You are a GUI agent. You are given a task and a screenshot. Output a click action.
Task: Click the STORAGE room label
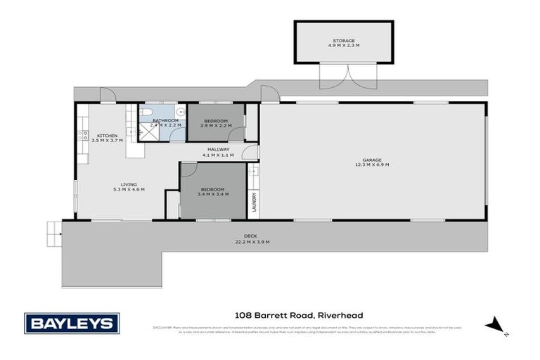coord(344,41)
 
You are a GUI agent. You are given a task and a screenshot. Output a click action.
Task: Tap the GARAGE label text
coord(372,160)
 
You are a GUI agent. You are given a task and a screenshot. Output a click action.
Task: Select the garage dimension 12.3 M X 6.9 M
coord(372,165)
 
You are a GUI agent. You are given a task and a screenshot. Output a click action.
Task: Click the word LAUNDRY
coord(255,203)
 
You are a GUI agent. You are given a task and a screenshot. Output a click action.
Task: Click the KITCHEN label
coord(107,136)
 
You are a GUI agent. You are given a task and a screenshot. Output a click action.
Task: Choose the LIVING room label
coord(128,184)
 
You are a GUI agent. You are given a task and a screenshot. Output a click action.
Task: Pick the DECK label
coord(252,236)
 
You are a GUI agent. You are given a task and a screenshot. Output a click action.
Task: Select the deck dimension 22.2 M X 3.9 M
coord(252,242)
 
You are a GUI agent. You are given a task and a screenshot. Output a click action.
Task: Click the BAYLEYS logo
coord(72,323)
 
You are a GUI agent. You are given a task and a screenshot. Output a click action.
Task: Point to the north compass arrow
coord(494,325)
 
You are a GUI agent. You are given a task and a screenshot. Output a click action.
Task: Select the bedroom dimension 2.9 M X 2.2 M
coord(215,126)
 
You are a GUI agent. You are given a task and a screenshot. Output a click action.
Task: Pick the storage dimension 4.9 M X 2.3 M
coord(344,46)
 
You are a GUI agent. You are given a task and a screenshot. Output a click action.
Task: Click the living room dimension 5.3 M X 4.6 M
coord(128,189)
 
